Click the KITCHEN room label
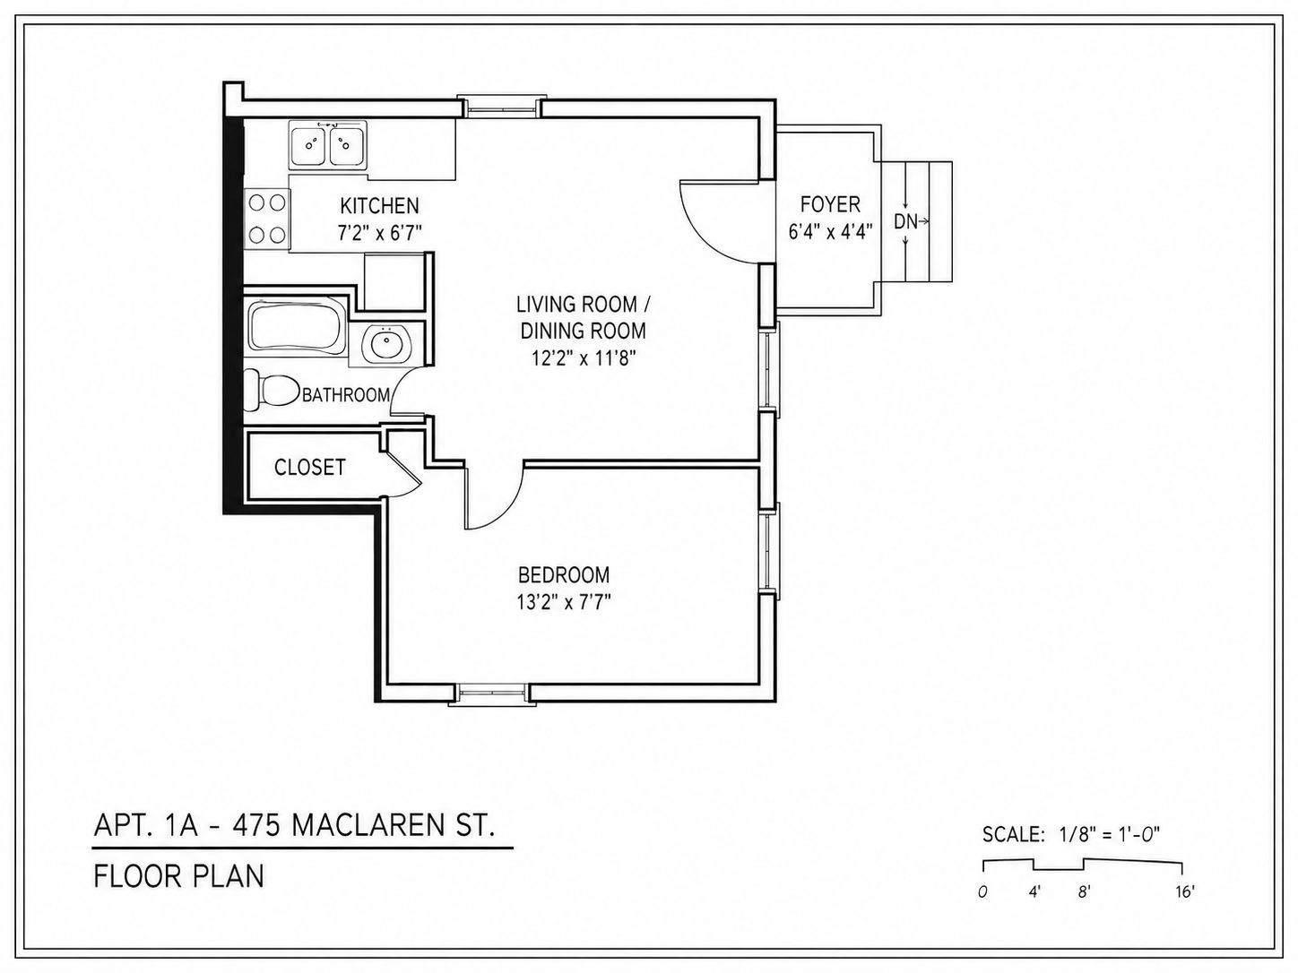point(379,205)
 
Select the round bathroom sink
point(386,344)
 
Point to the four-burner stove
point(267,220)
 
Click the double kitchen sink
point(327,144)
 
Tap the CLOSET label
point(309,468)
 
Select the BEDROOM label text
point(564,574)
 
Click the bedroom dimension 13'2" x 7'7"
point(564,602)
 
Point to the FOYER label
point(830,204)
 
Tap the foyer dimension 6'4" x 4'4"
point(830,231)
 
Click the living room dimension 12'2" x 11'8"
point(583,358)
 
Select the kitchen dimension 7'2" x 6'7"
point(379,233)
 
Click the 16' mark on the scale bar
point(1185,892)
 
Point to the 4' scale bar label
point(1034,892)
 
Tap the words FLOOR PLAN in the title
point(178,876)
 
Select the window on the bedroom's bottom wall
point(492,693)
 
